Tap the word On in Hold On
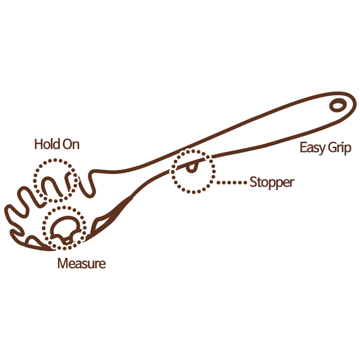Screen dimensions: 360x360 point(71,144)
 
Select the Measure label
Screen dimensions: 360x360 point(81,263)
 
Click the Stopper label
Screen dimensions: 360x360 point(272,183)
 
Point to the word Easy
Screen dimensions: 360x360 point(312,148)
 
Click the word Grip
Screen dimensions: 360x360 point(340,148)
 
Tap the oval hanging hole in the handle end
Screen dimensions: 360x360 point(337,106)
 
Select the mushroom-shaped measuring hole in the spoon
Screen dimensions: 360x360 point(65,229)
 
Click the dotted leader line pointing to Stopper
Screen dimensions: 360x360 point(231,183)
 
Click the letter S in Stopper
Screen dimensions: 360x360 point(253,182)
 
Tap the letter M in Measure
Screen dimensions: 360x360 point(63,263)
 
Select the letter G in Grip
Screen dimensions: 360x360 point(333,148)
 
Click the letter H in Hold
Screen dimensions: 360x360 point(39,144)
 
